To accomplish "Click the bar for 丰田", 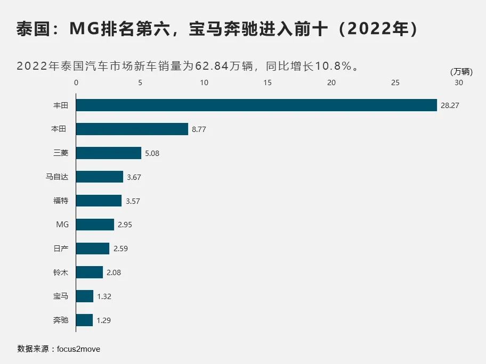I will pyautogui.click(x=256, y=105).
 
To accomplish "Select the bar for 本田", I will pyautogui.click(x=132, y=129).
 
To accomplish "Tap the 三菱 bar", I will pyautogui.click(x=109, y=153).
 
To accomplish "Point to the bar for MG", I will pyautogui.click(x=95, y=225).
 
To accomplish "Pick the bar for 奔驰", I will pyautogui.click(x=84, y=320).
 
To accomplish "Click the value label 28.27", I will pyautogui.click(x=450, y=106).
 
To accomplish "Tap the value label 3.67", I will pyautogui.click(x=134, y=177).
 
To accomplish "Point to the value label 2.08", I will pyautogui.click(x=114, y=273).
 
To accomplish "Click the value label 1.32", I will pyautogui.click(x=104, y=297).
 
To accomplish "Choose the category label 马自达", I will pyautogui.click(x=57, y=177).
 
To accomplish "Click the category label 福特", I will pyautogui.click(x=61, y=201).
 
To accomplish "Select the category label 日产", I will pyautogui.click(x=61, y=249).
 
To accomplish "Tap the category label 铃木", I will pyautogui.click(x=61, y=272).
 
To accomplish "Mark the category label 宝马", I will pyautogui.click(x=61, y=296).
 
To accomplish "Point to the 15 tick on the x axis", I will pyautogui.click(x=268, y=83).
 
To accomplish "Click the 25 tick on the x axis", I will pyautogui.click(x=395, y=83).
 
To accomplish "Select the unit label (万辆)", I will pyautogui.click(x=461, y=72).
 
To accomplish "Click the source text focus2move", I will pyautogui.click(x=78, y=349).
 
